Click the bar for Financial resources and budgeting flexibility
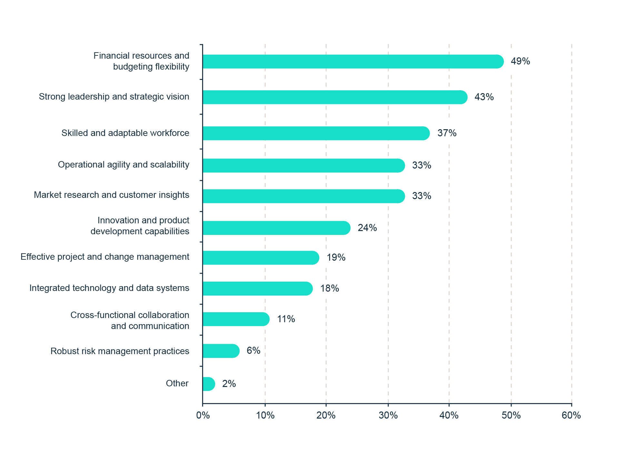[353, 62]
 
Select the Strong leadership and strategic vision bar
[335, 97]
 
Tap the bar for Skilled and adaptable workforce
[316, 133]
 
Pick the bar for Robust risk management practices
[221, 351]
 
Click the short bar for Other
[209, 384]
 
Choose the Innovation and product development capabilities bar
[276, 228]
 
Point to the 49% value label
[520, 61]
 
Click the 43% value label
[484, 97]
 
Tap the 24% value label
[367, 228]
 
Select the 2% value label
[229, 384]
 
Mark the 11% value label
[286, 319]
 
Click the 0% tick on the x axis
[203, 415]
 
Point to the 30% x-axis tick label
[388, 415]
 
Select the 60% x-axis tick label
[571, 415]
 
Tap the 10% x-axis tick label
[265, 415]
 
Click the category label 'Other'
[177, 383]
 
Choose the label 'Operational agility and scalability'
[123, 165]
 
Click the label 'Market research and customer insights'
[112, 195]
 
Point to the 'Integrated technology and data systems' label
[109, 288]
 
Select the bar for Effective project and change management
[261, 258]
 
